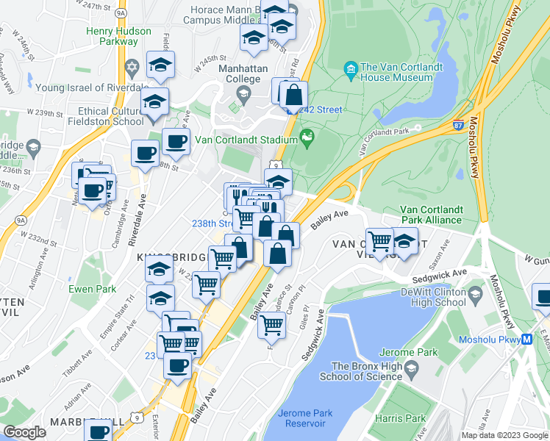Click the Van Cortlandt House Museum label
click(401, 71)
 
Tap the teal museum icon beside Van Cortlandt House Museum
click(351, 71)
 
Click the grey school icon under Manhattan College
click(243, 93)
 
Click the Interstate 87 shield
click(457, 126)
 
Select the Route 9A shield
click(21, 218)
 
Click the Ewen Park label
click(92, 289)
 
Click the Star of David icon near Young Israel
click(132, 68)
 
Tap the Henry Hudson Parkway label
click(118, 36)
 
